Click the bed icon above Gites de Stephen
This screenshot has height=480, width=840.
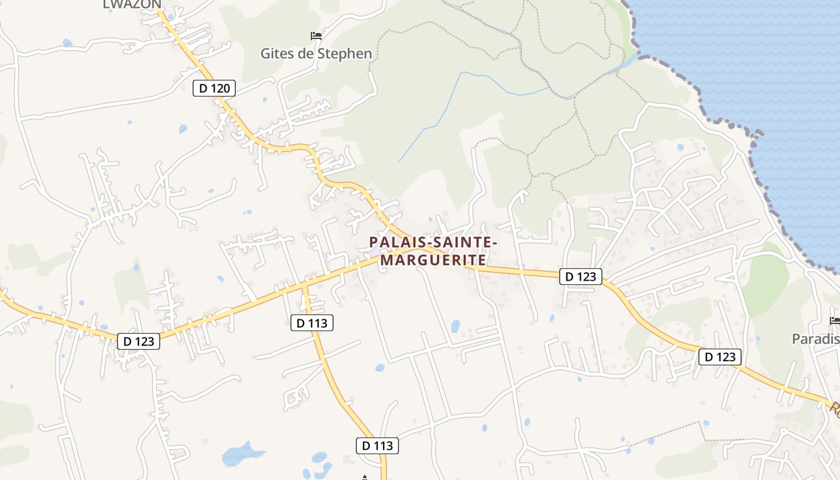pyautogui.click(x=316, y=36)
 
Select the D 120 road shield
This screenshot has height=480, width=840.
pyautogui.click(x=214, y=89)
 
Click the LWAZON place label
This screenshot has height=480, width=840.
pyautogui.click(x=132, y=5)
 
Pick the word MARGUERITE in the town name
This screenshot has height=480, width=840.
pyautogui.click(x=433, y=260)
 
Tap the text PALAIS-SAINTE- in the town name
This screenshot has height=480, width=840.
pyautogui.click(x=433, y=242)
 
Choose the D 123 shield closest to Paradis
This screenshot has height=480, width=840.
pyautogui.click(x=720, y=357)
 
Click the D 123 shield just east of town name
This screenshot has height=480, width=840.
pyautogui.click(x=581, y=277)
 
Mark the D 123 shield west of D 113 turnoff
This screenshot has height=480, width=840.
pyautogui.click(x=139, y=341)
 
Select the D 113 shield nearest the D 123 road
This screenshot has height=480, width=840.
pyautogui.click(x=311, y=323)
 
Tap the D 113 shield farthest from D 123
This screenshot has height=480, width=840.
pyautogui.click(x=377, y=445)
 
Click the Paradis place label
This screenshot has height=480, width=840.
pyautogui.click(x=815, y=339)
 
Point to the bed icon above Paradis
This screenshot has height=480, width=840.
pyautogui.click(x=834, y=321)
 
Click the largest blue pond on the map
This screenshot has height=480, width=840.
pyautogui.click(x=241, y=454)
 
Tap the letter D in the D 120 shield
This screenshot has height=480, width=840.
pyautogui.click(x=203, y=89)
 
